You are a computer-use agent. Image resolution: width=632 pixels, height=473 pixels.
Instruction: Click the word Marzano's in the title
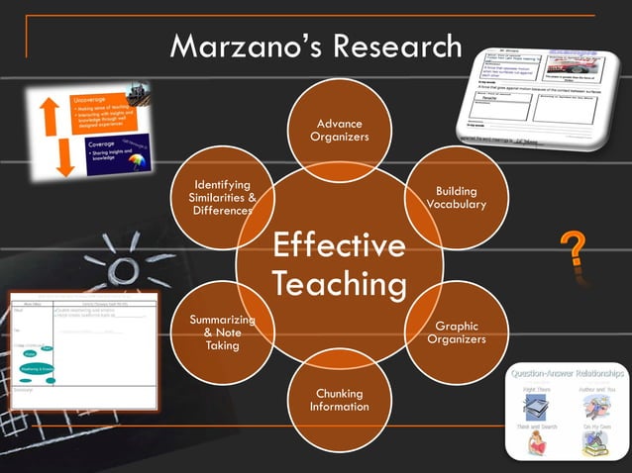241,47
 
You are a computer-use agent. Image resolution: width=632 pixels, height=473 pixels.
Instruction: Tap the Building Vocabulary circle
455,197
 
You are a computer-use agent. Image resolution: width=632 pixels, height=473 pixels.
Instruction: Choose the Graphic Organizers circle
456,332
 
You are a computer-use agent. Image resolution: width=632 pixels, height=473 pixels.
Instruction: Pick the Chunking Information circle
339,400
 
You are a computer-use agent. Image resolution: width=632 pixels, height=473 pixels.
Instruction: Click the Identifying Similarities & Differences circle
222,197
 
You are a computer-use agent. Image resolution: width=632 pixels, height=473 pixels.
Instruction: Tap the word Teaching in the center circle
340,285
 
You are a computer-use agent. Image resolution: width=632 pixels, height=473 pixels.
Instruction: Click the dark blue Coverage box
116,156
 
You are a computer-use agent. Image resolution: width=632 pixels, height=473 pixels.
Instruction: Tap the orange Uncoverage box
104,113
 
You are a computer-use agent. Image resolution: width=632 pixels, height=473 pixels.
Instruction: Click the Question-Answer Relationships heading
568,373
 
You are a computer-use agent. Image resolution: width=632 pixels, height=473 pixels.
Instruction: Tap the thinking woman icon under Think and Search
535,444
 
